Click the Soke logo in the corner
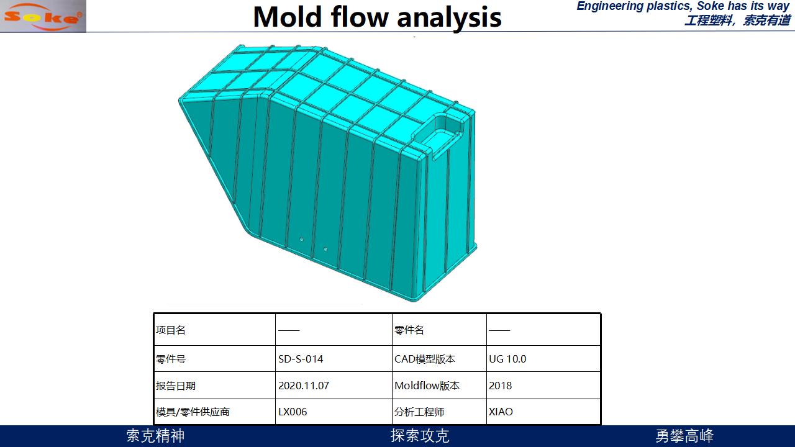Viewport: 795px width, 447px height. tap(43, 16)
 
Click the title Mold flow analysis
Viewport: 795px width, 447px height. tap(377, 17)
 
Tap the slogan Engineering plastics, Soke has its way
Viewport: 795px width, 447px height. tap(683, 6)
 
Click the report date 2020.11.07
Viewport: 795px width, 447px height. tap(304, 386)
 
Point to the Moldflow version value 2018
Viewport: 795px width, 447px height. tap(500, 386)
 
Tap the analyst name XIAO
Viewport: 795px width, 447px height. tap(501, 412)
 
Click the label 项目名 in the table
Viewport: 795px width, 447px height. tap(170, 330)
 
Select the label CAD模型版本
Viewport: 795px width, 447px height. tap(424, 359)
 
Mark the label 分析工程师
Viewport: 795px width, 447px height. tap(419, 412)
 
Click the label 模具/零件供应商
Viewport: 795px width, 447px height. tap(193, 412)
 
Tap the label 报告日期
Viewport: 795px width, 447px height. tap(176, 386)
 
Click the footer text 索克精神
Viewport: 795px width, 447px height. tap(155, 436)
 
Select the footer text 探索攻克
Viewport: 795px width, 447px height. tap(420, 436)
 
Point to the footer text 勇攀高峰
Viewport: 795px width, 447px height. tap(684, 436)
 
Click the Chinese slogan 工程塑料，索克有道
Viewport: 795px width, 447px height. tap(737, 20)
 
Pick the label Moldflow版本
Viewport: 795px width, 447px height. tap(427, 386)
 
